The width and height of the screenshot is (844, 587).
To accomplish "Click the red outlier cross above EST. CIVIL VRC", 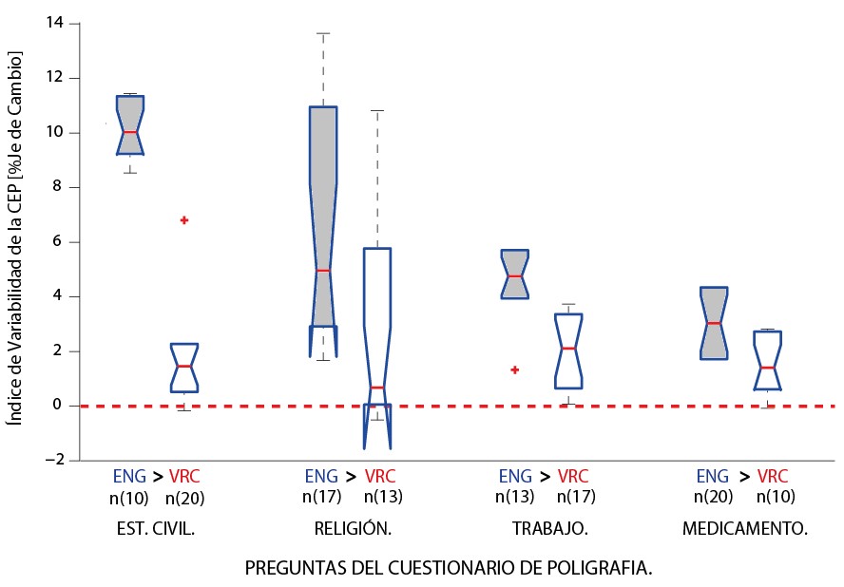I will (184, 220).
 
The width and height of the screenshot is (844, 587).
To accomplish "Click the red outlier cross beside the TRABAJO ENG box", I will (514, 369).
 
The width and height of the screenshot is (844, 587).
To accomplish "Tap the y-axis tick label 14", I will (57, 23).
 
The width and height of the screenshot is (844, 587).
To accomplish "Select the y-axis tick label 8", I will (61, 187).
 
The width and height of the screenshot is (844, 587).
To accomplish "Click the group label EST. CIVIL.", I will (153, 530).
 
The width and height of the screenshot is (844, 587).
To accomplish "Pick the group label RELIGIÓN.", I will (353, 530).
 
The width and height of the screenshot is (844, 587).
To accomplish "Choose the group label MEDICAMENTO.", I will (745, 530).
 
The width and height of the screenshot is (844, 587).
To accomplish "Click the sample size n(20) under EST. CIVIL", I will (185, 497).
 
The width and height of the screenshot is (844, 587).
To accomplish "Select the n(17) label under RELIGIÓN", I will (321, 497).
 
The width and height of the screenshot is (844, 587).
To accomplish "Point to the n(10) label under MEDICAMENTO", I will (776, 497).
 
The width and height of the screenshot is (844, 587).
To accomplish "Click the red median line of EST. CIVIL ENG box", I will (130, 132).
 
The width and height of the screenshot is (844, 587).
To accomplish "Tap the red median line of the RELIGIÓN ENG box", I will (323, 271).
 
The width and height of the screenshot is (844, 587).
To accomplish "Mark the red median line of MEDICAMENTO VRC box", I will (768, 368).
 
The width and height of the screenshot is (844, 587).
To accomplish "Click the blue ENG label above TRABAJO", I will (516, 476).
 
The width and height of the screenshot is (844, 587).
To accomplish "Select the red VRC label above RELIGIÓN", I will (380, 476).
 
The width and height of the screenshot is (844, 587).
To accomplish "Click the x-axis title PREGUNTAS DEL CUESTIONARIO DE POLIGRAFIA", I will (449, 568).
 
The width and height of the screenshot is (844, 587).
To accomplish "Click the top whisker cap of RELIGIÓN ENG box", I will (323, 33).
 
